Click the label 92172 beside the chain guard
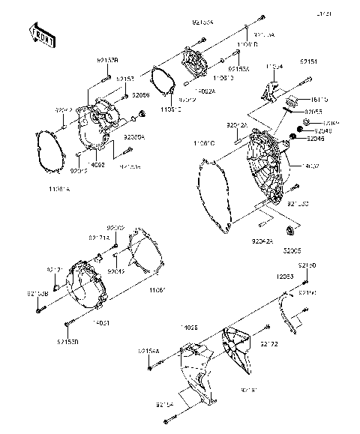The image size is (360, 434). pos(269,343)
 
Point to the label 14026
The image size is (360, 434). pos(189,328)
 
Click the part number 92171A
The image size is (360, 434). pos(99,238)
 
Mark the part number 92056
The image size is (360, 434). pos(141,95)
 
